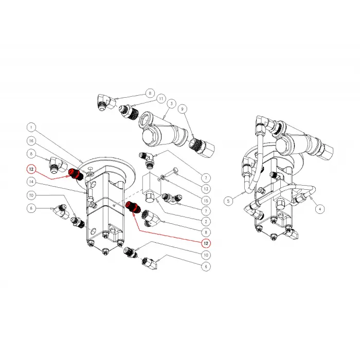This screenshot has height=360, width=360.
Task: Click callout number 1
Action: [31, 127]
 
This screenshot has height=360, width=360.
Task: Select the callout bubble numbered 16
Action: [31, 140]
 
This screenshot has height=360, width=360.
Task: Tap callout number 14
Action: [31, 182]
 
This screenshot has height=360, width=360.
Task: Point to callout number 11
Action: [161, 98]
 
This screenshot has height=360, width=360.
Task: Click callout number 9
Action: [182, 110]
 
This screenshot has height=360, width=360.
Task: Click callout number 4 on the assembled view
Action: [319, 209]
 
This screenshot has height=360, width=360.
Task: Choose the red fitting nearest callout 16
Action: [75, 174]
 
